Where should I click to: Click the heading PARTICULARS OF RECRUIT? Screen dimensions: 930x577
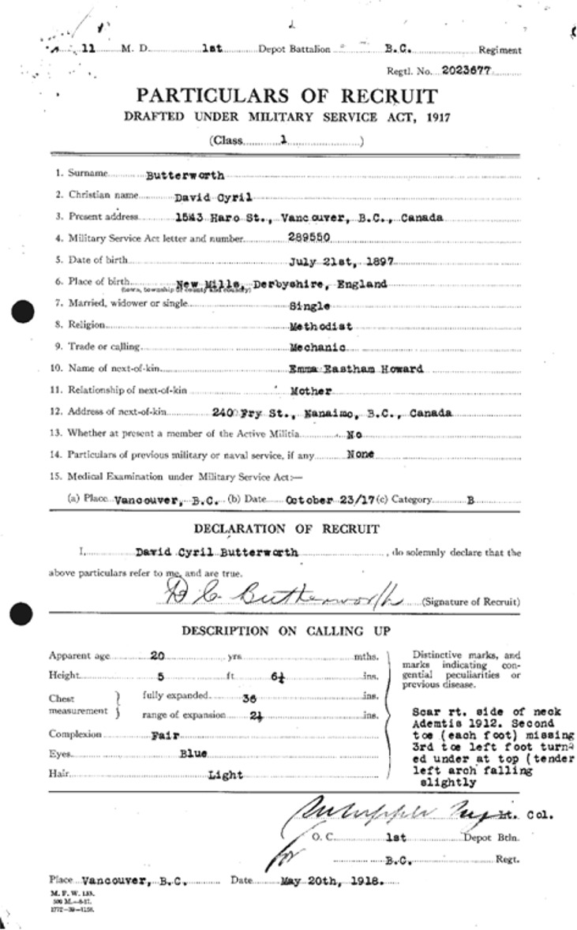pyautogui.click(x=286, y=96)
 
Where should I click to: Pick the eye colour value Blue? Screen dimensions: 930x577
pyautogui.click(x=193, y=755)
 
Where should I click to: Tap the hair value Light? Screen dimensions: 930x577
pyautogui.click(x=225, y=775)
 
